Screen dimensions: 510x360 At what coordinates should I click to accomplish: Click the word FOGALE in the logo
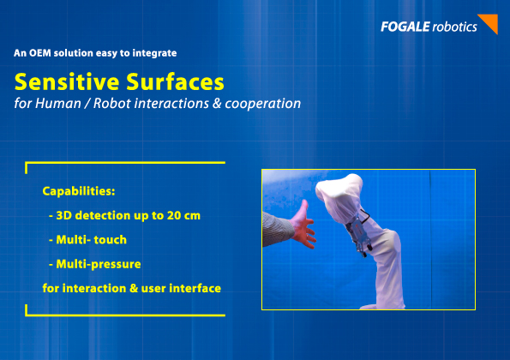point(405,27)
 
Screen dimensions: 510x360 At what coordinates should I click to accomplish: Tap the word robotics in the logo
point(454,27)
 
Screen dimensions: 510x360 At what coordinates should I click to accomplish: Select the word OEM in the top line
point(40,53)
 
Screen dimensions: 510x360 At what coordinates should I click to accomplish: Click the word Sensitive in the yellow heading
point(67,81)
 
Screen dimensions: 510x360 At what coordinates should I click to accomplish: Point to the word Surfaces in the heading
point(176,81)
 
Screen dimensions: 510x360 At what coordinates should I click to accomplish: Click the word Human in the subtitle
point(58,104)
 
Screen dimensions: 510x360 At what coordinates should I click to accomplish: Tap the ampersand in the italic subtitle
point(217,104)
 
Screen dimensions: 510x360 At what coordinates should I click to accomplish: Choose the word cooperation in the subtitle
point(263,105)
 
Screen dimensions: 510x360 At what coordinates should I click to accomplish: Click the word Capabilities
point(79,191)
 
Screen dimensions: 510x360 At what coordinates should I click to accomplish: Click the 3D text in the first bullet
point(63,215)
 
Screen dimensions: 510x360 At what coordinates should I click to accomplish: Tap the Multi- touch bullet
point(87,240)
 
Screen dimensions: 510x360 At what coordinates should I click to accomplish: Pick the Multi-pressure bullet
point(95,264)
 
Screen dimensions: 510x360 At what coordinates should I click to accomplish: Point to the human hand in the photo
point(303,225)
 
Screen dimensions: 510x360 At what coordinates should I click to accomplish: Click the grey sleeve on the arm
point(277,228)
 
